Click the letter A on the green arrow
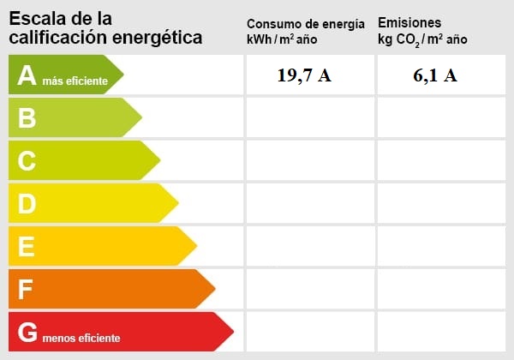pos(27,76)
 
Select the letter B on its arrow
pos(27,118)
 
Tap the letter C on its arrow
pos(27,160)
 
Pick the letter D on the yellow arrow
pos(27,203)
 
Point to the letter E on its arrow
pos(27,246)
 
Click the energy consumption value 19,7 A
pos(304,75)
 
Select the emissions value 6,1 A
pos(435,75)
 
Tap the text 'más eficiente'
pos(75,81)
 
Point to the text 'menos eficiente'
pos(81,337)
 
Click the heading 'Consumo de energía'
pos(305,23)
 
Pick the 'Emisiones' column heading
pos(409,22)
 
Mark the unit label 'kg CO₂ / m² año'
pos(422,40)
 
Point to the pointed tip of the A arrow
pos(123,75)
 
